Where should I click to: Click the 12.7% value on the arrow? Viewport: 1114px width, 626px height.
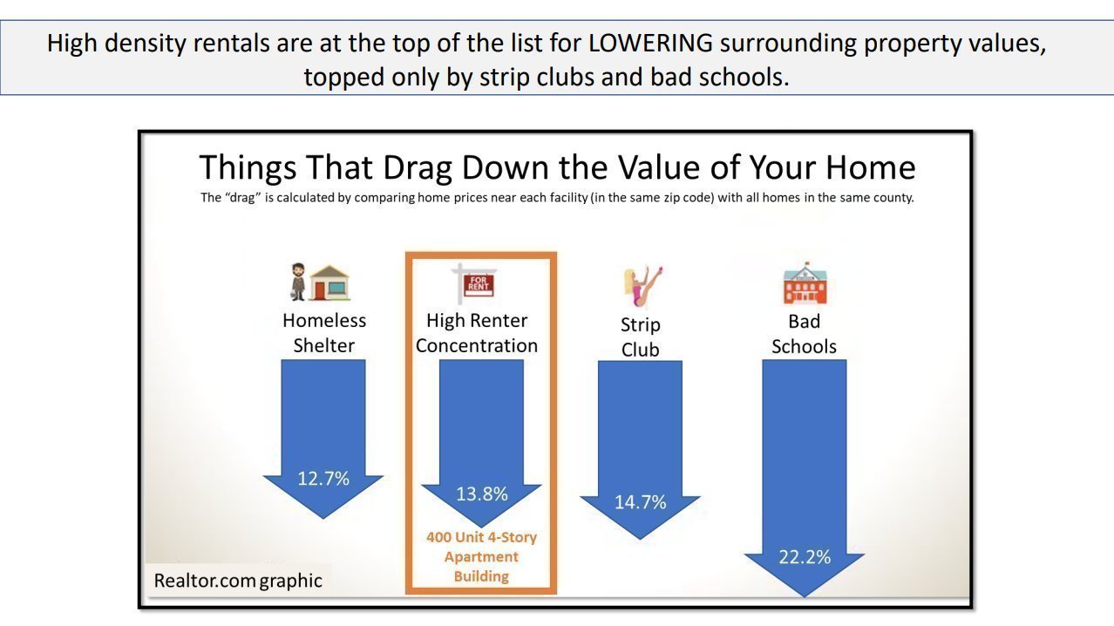click(323, 479)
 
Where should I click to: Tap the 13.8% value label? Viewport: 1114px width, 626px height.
click(482, 494)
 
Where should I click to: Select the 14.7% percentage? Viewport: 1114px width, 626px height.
click(640, 502)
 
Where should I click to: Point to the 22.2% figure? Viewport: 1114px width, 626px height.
click(805, 557)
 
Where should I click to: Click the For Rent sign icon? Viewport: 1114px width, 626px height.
click(474, 283)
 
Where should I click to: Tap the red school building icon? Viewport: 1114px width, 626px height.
click(805, 283)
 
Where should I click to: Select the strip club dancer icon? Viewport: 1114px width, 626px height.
click(642, 286)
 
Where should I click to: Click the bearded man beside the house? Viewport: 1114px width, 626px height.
click(298, 282)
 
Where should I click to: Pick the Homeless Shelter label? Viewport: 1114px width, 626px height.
click(323, 333)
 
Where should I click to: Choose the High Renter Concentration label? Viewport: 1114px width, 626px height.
click(477, 333)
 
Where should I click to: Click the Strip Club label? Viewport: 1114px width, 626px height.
click(640, 337)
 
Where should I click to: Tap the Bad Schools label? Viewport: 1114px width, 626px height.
click(805, 334)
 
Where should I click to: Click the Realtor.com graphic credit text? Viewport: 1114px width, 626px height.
click(238, 581)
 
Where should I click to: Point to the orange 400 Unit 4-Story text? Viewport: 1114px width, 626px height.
click(481, 537)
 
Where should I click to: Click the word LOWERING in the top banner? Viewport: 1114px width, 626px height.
click(650, 43)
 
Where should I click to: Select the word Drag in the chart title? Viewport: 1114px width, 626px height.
click(417, 168)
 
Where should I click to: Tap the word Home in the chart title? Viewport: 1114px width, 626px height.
click(870, 167)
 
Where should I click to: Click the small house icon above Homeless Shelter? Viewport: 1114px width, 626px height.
click(329, 283)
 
